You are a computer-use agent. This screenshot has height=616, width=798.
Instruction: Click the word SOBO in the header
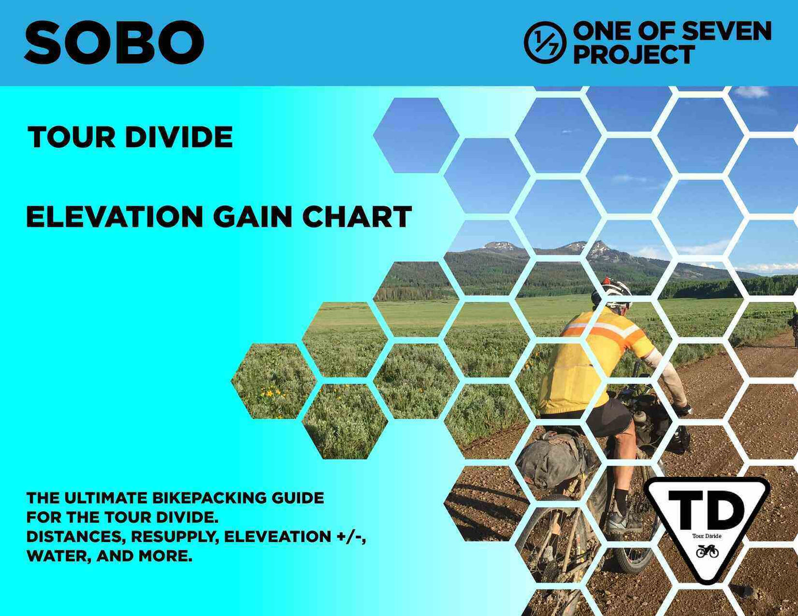pos(114,43)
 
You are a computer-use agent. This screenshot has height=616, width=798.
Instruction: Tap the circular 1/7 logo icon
pos(545,43)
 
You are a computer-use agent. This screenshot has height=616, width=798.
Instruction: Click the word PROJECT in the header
pos(633,55)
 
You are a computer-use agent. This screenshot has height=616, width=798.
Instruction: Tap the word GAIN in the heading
pos(252,216)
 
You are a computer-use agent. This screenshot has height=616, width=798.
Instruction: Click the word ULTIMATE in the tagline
pos(105,498)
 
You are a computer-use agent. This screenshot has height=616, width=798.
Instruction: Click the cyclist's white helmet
pos(614,290)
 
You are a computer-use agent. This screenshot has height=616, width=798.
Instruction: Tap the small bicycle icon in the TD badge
pos(707,550)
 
